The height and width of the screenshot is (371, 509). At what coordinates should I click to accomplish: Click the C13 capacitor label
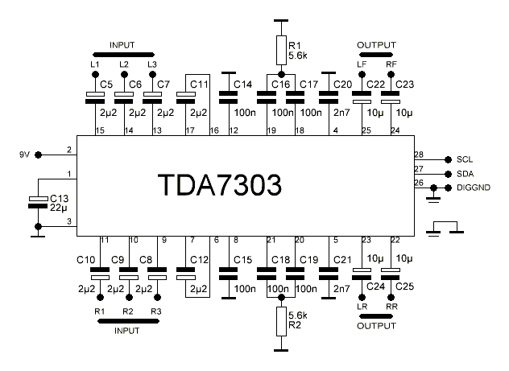point(60,197)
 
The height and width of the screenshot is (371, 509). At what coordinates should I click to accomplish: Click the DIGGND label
point(474,188)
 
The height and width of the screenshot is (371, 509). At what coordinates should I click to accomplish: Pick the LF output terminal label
point(362,63)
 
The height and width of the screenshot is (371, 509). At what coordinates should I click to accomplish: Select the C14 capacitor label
point(242,84)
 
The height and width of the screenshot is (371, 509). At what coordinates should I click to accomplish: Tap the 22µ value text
point(60,208)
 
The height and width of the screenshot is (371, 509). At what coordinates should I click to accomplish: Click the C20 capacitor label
point(342,84)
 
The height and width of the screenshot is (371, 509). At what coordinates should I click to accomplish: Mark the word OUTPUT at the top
point(376,44)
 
